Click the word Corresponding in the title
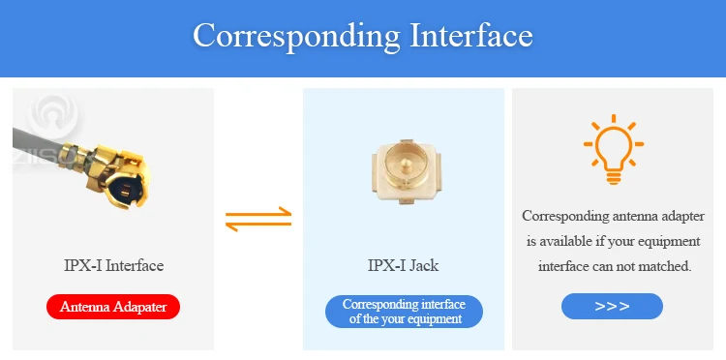click(296, 36)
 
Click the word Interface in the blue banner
click(471, 34)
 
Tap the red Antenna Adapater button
click(113, 307)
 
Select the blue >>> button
click(612, 307)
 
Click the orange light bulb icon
click(614, 149)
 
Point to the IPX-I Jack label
click(404, 265)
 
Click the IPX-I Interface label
click(113, 265)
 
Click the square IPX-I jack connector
click(405, 171)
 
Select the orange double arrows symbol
click(258, 219)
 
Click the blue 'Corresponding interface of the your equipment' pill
click(404, 312)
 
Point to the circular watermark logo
click(52, 116)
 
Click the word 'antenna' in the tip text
click(634, 216)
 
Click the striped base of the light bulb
click(614, 177)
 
